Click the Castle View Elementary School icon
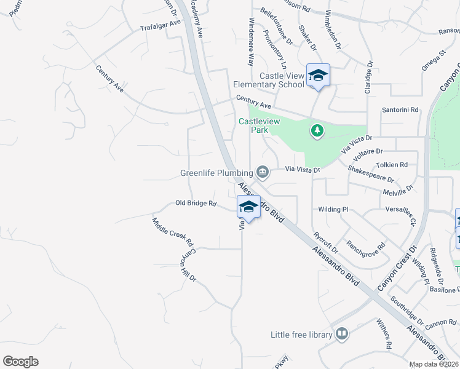tap(318, 76)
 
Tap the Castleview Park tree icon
tap(317, 130)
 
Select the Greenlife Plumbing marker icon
tap(263, 172)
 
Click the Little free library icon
tap(342, 334)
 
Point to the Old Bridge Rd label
tap(196, 203)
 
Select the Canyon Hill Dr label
tap(187, 265)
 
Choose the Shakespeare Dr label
tap(370, 174)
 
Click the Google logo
tap(20, 362)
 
